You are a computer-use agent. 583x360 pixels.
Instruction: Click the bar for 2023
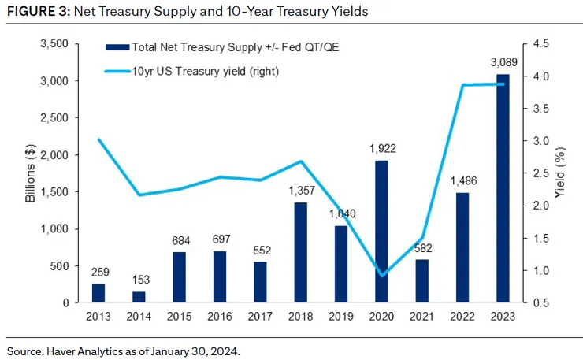(503, 188)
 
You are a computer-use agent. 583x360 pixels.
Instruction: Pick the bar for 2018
(300, 253)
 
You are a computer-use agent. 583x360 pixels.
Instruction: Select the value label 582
(421, 250)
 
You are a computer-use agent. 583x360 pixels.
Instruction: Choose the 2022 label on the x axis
(462, 316)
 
